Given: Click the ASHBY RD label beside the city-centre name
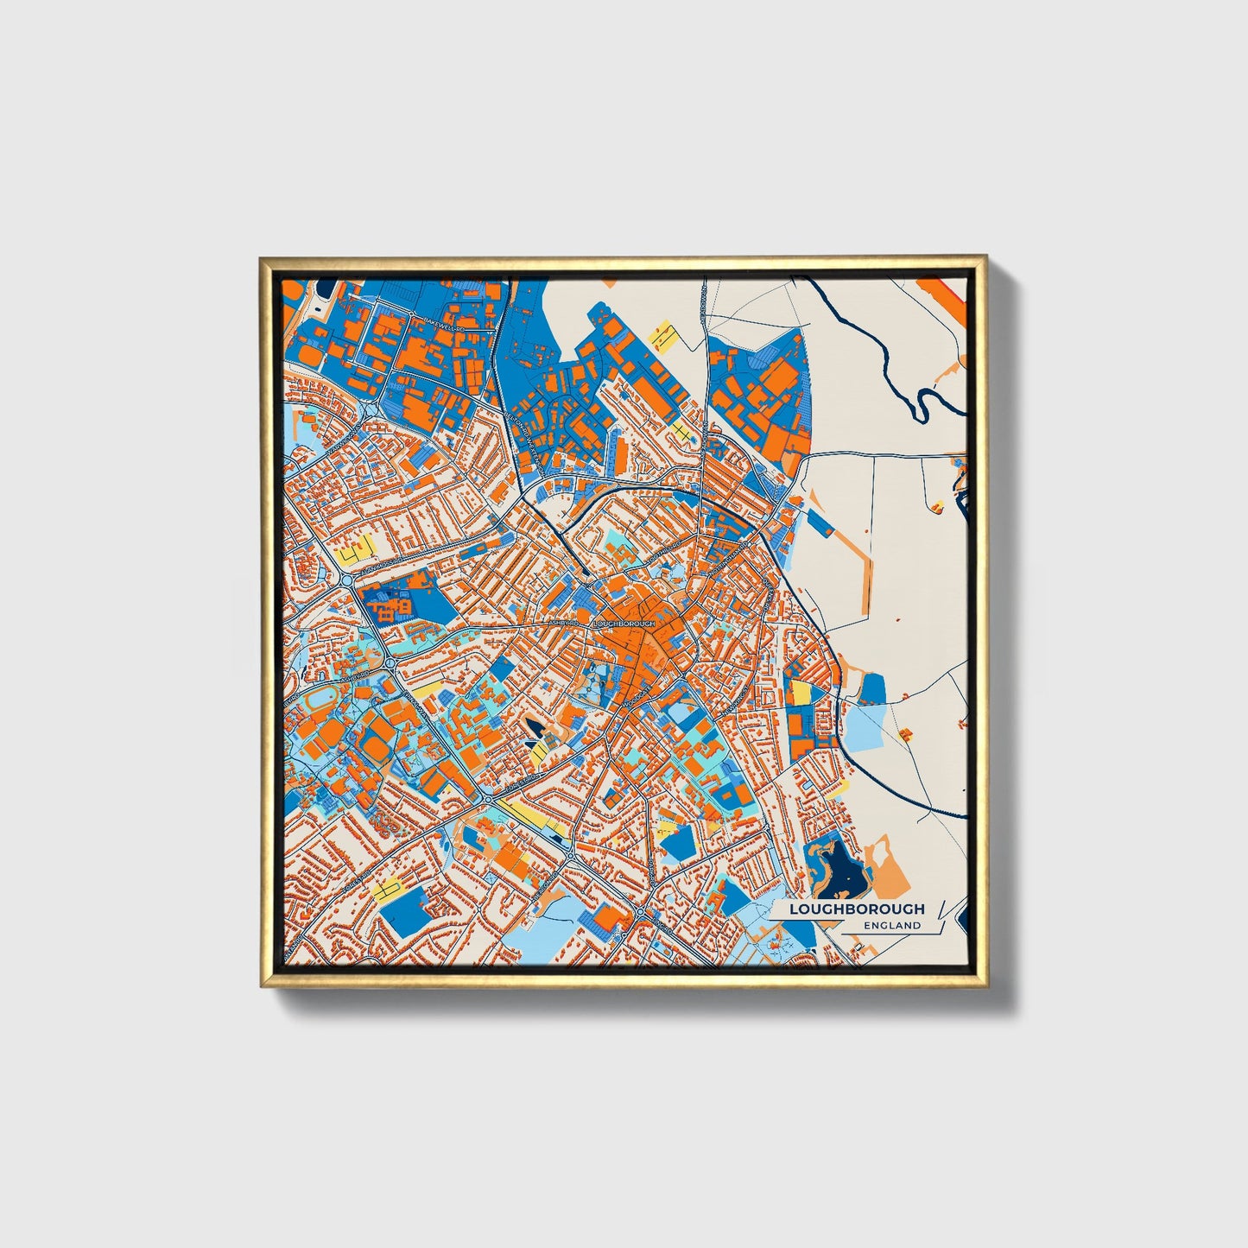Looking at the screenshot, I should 563,622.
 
